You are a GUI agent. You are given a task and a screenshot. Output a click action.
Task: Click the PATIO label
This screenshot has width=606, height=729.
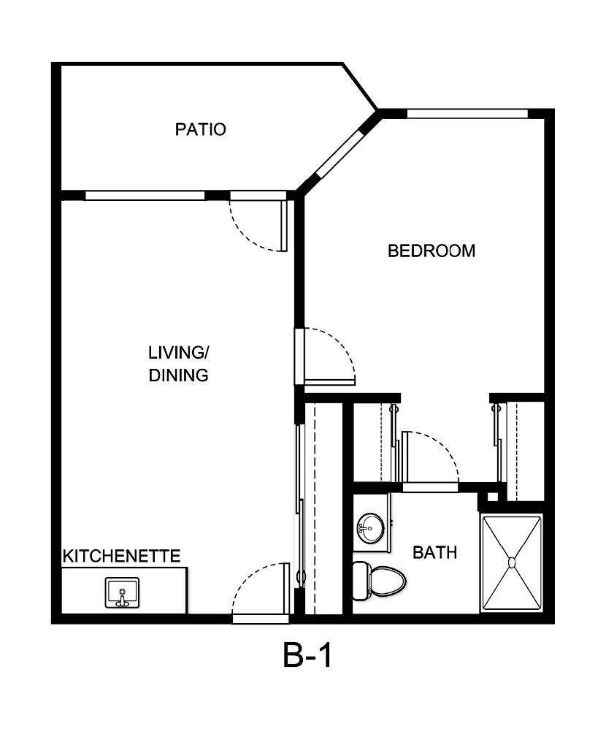click(x=201, y=130)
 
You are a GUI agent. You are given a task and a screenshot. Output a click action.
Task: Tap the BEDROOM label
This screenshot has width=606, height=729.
click(x=432, y=251)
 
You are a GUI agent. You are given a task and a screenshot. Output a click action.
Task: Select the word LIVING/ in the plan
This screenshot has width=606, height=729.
click(x=179, y=353)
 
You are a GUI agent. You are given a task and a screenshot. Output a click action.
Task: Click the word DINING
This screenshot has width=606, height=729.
click(x=179, y=376)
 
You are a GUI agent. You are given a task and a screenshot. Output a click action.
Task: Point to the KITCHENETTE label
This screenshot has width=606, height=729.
click(x=122, y=556)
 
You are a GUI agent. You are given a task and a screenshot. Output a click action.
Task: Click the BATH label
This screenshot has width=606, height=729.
click(x=435, y=552)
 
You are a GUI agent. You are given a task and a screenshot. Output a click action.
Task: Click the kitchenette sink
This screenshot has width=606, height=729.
click(x=122, y=592)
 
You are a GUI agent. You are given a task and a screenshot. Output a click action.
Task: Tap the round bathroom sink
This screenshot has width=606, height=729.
click(x=370, y=527)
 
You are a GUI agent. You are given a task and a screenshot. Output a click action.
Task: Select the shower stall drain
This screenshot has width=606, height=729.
click(x=512, y=563)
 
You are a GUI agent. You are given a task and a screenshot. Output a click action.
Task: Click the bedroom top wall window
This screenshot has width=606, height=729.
click(x=467, y=114)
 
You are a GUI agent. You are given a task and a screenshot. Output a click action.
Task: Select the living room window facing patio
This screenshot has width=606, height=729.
click(x=145, y=196)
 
